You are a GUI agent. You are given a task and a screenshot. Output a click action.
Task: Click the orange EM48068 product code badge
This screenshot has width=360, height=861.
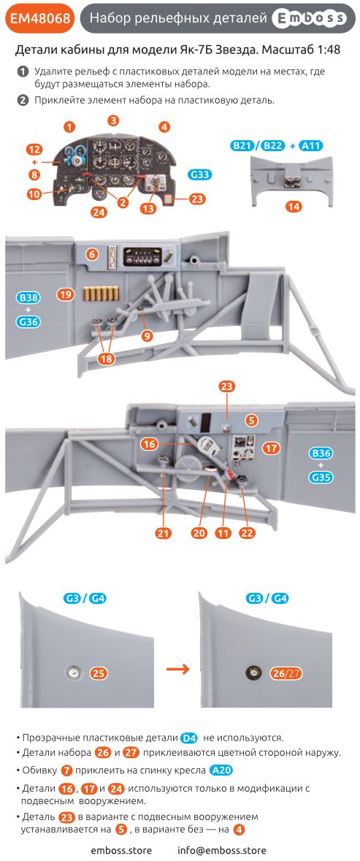click(x=40, y=20)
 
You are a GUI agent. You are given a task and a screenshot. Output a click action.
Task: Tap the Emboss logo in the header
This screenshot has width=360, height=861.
click(x=310, y=20)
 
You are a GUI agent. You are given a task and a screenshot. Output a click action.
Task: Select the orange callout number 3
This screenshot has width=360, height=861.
click(x=113, y=120)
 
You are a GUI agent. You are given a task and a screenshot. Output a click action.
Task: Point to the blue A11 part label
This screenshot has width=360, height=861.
click(x=310, y=146)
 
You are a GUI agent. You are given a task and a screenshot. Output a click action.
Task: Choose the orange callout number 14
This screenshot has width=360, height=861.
click(x=294, y=207)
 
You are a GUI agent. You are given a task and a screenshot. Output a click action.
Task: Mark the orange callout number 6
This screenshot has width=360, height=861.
click(x=91, y=254)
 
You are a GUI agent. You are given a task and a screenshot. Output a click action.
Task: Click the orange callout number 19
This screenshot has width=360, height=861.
click(x=66, y=294)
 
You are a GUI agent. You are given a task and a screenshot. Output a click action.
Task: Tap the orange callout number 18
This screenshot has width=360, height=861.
click(x=107, y=359)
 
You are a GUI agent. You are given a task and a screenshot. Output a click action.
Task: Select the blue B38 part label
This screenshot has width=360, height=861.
click(x=28, y=298)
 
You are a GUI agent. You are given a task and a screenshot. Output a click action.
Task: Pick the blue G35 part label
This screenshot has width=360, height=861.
click(x=321, y=478)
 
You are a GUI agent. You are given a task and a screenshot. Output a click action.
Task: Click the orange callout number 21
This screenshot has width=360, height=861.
click(x=164, y=533)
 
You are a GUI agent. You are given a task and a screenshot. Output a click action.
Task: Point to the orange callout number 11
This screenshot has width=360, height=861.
click(x=223, y=533)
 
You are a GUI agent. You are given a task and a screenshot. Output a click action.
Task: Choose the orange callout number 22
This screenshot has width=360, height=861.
click(x=248, y=533)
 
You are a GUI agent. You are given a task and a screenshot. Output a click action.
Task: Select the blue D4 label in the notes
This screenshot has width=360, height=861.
click(x=189, y=738)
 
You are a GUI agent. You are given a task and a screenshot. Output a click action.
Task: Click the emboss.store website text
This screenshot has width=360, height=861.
click(x=121, y=850)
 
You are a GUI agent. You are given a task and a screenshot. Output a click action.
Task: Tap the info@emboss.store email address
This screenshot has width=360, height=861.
click(x=222, y=850)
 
